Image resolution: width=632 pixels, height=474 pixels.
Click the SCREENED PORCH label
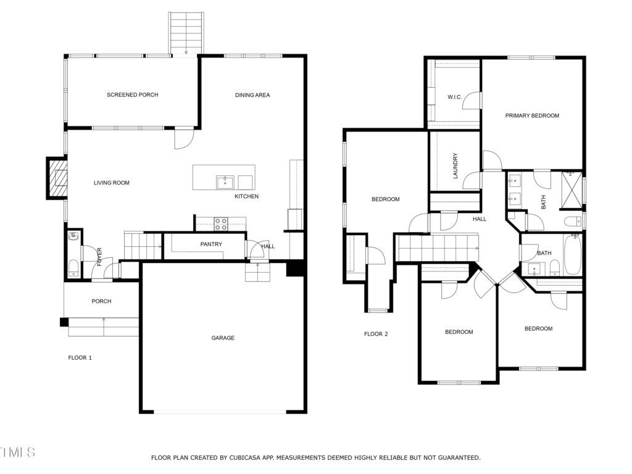pyautogui.click(x=132, y=94)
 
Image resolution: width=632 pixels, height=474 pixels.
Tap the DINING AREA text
pyautogui.click(x=252, y=95)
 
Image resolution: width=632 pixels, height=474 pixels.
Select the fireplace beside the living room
pyautogui.click(x=57, y=178)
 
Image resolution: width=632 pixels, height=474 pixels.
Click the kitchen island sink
pyautogui.click(x=225, y=182)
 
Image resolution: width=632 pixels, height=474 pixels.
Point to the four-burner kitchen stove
pyautogui.click(x=220, y=223)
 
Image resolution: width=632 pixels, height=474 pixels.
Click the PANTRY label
pyautogui.click(x=211, y=244)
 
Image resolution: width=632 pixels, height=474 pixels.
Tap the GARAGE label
pyautogui.click(x=223, y=338)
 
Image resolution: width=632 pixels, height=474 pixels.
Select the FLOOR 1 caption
pyautogui.click(x=80, y=357)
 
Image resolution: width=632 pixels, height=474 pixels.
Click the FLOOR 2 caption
pyautogui.click(x=376, y=334)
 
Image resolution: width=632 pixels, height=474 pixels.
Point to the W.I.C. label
pyautogui.click(x=455, y=97)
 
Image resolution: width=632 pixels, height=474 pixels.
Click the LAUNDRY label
pyautogui.click(x=455, y=165)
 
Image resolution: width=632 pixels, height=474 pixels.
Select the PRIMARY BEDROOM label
pyautogui.click(x=532, y=115)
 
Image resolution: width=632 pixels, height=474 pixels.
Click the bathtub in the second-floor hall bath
pyautogui.click(x=572, y=254)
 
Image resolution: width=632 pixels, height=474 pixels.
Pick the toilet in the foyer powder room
pyautogui.click(x=73, y=268)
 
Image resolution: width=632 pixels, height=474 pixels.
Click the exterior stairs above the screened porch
pyautogui.click(x=185, y=33)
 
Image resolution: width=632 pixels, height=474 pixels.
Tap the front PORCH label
pyautogui.click(x=101, y=301)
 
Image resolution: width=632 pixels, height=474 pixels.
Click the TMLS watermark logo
pyautogui.click(x=18, y=452)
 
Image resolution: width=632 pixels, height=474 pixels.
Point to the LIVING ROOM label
pyautogui.click(x=112, y=183)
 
